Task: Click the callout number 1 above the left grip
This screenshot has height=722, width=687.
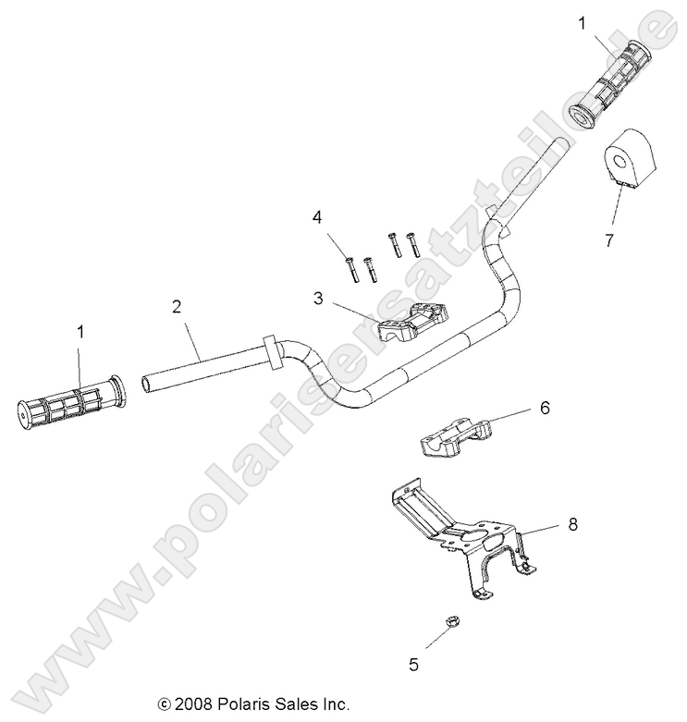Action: (x=80, y=330)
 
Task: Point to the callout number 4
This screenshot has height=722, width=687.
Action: (x=316, y=217)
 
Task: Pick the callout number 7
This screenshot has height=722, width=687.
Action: (x=633, y=240)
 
